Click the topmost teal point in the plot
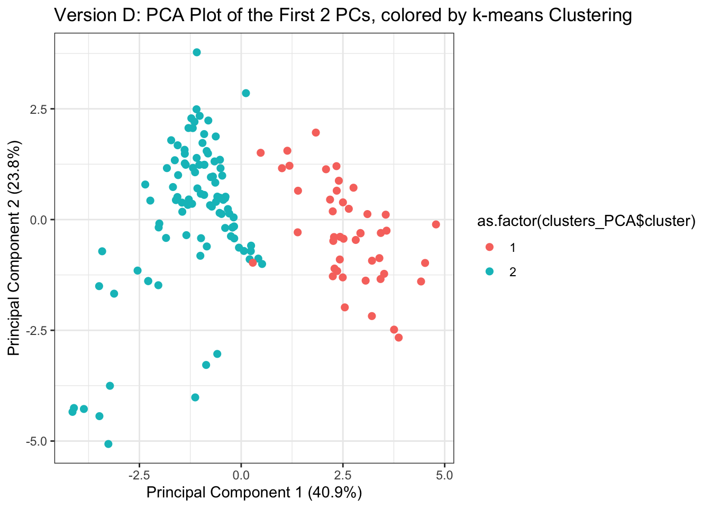pos(197,52)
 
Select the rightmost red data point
pos(436,224)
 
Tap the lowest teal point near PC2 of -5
pos(108,444)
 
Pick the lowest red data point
pos(398,338)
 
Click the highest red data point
pos(316,132)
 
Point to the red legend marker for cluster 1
pos(489,247)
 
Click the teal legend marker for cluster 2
pos(489,271)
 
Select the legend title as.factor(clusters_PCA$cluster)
pos(586,221)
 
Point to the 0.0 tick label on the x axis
pos(241,475)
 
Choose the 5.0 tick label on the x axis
pos(444,475)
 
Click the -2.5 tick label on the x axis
pos(138,475)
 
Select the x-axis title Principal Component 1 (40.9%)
pos(254,493)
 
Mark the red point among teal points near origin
pos(253,262)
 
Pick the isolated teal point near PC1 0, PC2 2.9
pos(245,93)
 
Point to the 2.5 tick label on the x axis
pos(343,475)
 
